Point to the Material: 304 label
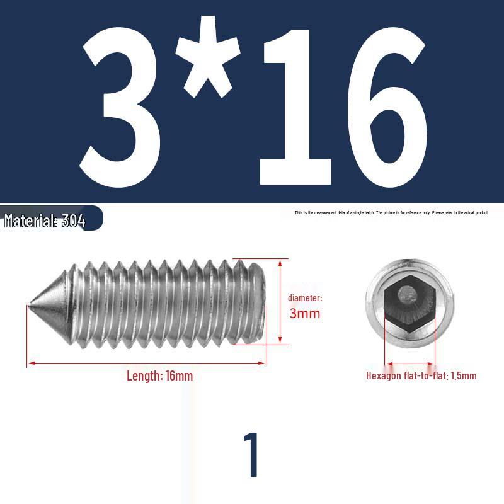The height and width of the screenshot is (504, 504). (45, 221)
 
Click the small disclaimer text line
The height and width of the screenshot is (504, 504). (391, 213)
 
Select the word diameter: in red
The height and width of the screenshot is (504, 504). (305, 298)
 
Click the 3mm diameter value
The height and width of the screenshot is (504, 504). (305, 313)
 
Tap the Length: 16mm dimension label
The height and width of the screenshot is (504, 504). (159, 376)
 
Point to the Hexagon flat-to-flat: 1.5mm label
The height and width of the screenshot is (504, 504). (421, 376)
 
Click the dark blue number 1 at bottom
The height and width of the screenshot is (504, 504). (251, 455)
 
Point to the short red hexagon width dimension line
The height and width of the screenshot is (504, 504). (410, 364)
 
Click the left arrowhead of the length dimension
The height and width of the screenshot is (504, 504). (29, 364)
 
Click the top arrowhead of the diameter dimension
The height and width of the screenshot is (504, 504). (279, 261)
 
